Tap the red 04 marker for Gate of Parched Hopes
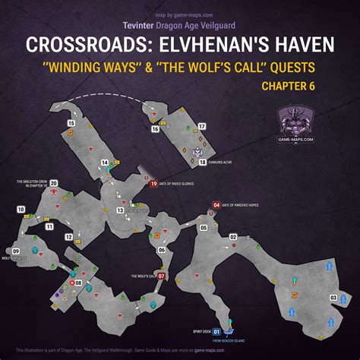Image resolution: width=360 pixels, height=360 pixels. click(x=216, y=204)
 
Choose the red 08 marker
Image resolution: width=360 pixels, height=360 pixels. click(x=79, y=283)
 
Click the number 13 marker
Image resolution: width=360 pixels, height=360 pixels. click(x=120, y=210)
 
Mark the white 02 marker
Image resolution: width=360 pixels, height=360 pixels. click(x=232, y=237)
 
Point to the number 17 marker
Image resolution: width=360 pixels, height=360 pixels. click(x=202, y=126)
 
